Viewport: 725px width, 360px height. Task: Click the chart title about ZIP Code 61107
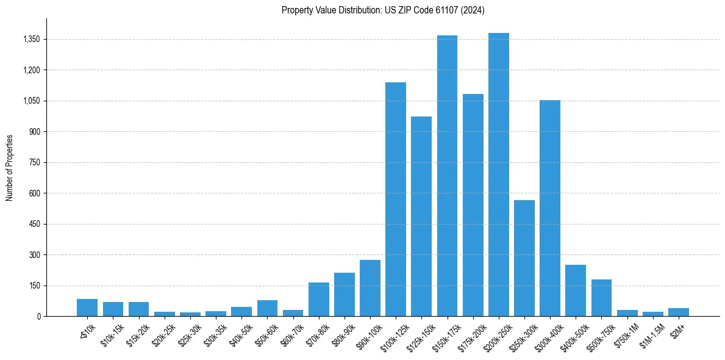(x=383, y=10)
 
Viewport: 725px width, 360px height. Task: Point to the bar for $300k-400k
(x=550, y=208)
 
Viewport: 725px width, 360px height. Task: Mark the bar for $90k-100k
(x=370, y=288)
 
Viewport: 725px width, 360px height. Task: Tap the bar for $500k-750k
(x=601, y=298)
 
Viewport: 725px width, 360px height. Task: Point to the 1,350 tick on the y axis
(x=30, y=39)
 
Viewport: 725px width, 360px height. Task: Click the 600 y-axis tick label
(x=34, y=193)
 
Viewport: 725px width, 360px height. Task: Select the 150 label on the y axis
(x=34, y=286)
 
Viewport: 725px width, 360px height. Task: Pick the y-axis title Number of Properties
(x=10, y=167)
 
